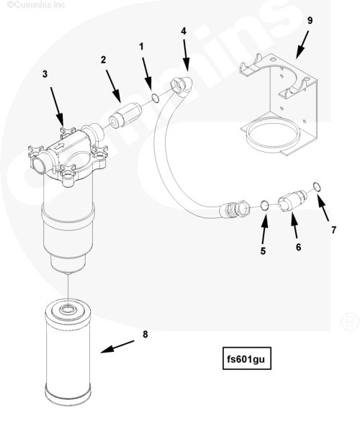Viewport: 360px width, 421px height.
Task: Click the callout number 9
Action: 310,21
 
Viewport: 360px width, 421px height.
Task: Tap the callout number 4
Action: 184,31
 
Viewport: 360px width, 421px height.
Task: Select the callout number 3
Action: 45,74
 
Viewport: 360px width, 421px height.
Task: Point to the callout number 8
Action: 145,334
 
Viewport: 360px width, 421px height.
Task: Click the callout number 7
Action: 333,230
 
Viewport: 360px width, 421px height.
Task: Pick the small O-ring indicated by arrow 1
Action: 156,98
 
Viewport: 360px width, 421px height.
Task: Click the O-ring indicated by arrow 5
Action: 265,206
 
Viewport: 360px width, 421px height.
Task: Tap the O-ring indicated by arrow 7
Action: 318,187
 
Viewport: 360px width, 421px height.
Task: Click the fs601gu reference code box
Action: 247,358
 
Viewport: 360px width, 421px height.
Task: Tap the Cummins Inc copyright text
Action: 36,4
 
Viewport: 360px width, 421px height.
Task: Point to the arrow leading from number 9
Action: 302,45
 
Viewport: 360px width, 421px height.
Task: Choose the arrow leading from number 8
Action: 117,347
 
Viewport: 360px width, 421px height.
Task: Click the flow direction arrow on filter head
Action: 58,147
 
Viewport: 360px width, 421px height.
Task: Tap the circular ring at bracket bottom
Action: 272,134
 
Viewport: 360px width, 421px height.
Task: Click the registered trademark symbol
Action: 350,322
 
